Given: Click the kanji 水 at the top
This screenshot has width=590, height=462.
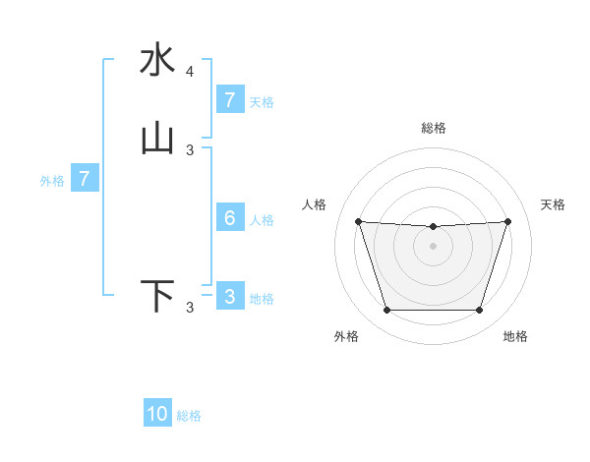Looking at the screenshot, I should (157, 61).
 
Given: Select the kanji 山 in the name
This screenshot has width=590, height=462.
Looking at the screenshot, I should (157, 140).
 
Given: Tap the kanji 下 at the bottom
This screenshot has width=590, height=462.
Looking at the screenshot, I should (157, 297).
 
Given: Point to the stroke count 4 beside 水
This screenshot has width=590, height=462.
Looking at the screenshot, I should (190, 72).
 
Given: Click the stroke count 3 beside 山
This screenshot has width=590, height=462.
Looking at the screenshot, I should (190, 150).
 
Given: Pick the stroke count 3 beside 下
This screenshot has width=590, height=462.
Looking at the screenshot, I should (190, 308).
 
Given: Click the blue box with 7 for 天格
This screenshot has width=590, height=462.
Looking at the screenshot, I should (229, 100).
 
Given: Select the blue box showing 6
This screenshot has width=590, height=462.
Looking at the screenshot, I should (229, 218).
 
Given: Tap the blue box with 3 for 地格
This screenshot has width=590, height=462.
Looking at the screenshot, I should (229, 297).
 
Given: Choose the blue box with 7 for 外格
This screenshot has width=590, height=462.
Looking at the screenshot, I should (85, 179).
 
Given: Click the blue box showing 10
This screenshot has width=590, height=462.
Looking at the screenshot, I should (157, 414).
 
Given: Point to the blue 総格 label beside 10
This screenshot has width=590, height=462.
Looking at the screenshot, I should (189, 416).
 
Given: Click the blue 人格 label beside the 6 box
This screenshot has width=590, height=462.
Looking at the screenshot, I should (263, 219).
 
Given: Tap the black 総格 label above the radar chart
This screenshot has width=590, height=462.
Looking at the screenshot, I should (434, 128).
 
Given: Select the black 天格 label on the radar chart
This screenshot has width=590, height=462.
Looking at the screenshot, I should (553, 204).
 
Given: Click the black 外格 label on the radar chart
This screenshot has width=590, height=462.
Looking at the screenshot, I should (346, 336).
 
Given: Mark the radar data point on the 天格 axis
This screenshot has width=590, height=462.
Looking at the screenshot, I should (507, 221).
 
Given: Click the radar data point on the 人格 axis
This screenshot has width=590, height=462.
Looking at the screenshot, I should (358, 221).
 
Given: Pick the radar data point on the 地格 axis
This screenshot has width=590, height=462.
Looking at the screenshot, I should (479, 311).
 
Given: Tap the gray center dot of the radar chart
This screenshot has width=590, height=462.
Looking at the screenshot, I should (433, 245).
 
